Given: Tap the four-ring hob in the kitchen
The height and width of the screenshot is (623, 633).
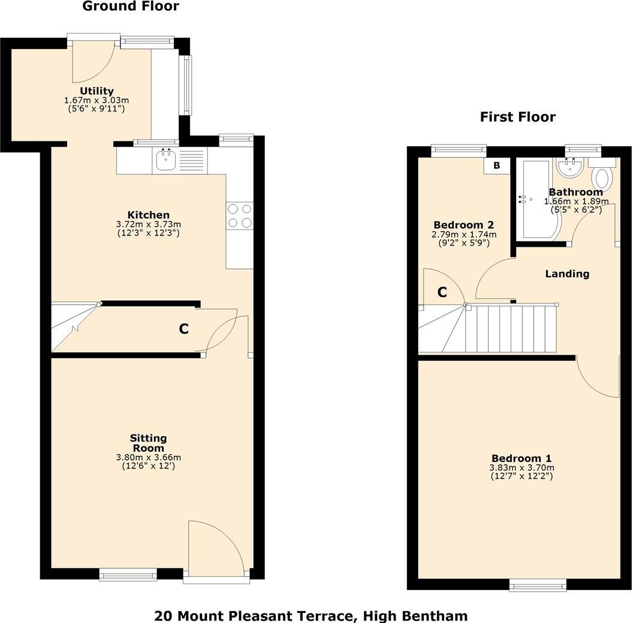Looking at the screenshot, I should pyautogui.click(x=239, y=216).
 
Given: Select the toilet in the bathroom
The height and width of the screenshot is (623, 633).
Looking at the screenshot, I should pyautogui.click(x=601, y=178).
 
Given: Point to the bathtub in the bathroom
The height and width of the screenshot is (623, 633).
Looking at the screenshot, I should pyautogui.click(x=538, y=199).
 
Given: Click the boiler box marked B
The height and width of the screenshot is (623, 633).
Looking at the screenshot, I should pyautogui.click(x=496, y=165).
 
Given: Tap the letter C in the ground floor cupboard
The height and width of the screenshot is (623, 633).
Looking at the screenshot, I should pyautogui.click(x=184, y=329).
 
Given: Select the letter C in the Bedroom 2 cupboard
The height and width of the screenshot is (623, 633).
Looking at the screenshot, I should pyautogui.click(x=442, y=292).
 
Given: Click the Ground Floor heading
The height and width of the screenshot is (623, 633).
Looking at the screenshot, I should pyautogui.click(x=130, y=7).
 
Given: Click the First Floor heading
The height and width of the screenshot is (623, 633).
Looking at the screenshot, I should pyautogui.click(x=517, y=117).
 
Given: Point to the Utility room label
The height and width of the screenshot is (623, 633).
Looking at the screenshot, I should pyautogui.click(x=97, y=91).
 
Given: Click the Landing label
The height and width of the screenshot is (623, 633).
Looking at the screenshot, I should pyautogui.click(x=567, y=274).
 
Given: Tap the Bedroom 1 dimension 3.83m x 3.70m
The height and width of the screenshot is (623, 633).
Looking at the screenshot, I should pyautogui.click(x=522, y=468).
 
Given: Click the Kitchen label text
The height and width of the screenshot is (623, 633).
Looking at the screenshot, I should pyautogui.click(x=148, y=214).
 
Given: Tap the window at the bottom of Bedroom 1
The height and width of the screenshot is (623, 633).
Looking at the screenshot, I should pyautogui.click(x=537, y=584).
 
